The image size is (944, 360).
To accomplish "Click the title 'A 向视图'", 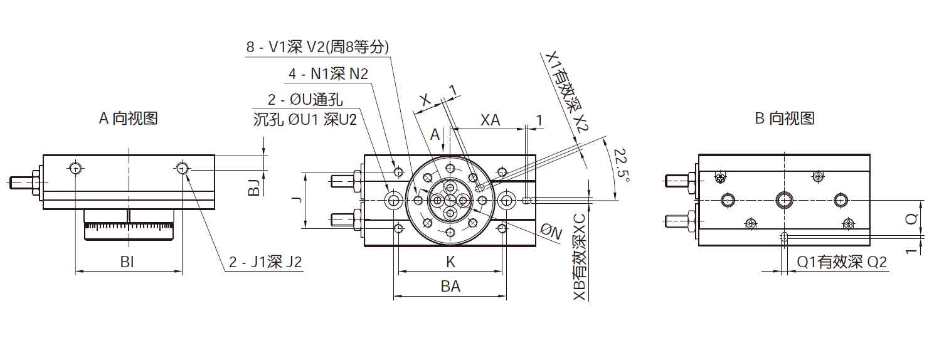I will point(128,118).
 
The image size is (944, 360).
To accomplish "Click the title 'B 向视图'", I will point(784,118).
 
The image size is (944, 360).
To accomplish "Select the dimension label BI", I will point(127,262).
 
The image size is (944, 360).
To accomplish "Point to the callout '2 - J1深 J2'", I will point(265,262).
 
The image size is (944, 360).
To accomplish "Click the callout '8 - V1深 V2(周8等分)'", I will point(317,47).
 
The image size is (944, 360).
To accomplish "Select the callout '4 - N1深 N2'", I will point(328,73).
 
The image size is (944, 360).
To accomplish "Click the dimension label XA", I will point(490,120).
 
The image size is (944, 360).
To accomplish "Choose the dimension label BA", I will point(450,287).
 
